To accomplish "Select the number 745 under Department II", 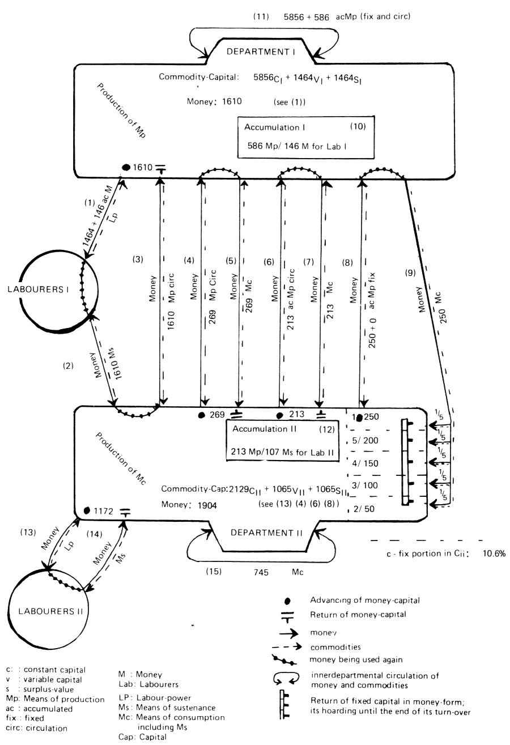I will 262,572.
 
